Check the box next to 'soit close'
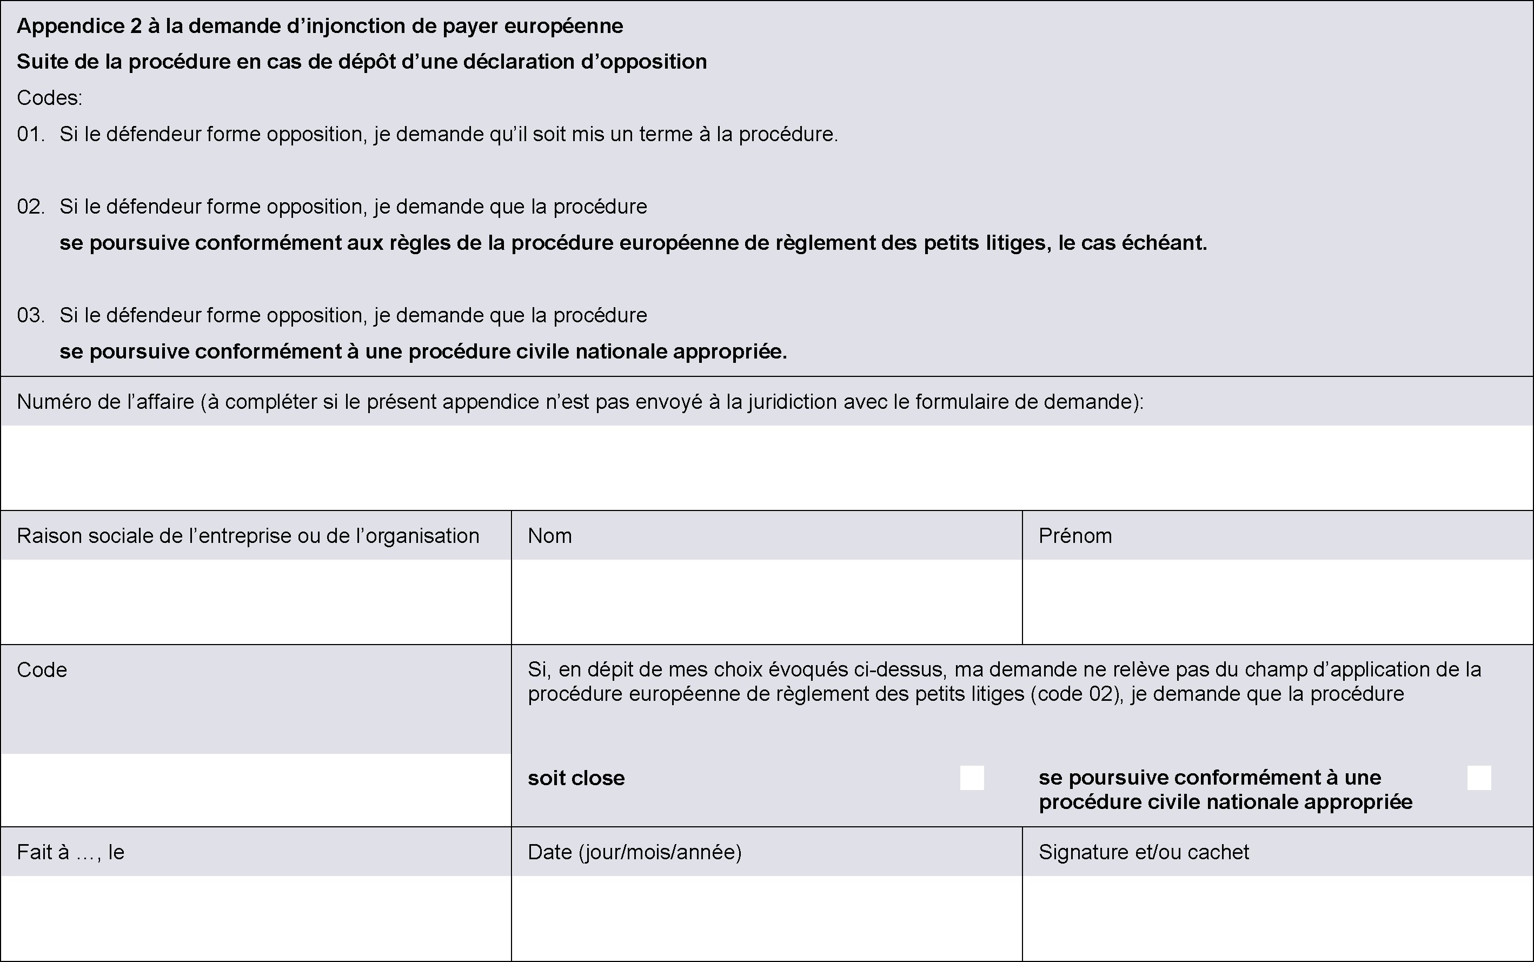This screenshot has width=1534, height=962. click(x=972, y=778)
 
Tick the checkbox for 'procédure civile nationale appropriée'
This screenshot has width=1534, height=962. click(x=1479, y=778)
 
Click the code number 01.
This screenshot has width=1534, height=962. click(x=30, y=134)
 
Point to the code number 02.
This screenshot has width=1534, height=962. click(x=30, y=207)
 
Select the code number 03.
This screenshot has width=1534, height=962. click(x=30, y=316)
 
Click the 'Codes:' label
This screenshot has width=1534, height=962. click(x=50, y=98)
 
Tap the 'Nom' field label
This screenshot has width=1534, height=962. click(x=549, y=536)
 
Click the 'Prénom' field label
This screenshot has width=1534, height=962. click(x=1075, y=536)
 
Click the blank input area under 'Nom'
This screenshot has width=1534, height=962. click(x=766, y=601)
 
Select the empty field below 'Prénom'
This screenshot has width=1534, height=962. click(x=1277, y=601)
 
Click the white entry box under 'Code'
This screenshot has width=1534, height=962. click(x=256, y=789)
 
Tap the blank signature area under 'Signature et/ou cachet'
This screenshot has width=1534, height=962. click(x=1277, y=918)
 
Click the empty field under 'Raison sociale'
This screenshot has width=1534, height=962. click(x=256, y=601)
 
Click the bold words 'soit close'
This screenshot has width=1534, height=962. click(x=576, y=778)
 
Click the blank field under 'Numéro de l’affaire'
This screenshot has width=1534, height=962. click(x=766, y=467)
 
